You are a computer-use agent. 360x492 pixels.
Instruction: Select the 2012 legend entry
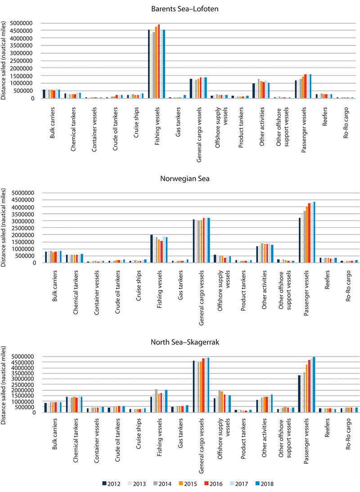[x=111, y=484]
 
